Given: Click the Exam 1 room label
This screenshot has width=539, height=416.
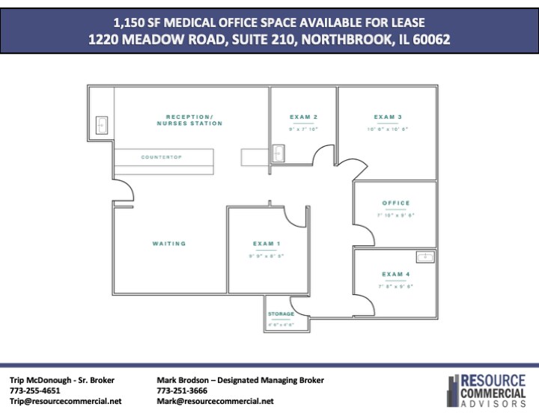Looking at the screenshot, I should (267, 244).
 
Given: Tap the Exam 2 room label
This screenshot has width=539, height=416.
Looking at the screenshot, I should (304, 117).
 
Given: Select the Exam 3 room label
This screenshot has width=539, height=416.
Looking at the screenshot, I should (389, 117).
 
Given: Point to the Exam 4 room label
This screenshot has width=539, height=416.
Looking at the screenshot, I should (396, 275).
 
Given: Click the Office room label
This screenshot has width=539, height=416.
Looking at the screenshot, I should (396, 204).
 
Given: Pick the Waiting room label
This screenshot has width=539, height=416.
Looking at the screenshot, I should (169, 244).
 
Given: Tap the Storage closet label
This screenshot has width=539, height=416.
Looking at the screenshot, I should (281, 314).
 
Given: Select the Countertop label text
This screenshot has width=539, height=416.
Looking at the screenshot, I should (162, 157).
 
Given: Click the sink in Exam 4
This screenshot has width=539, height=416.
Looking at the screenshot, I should (426, 257).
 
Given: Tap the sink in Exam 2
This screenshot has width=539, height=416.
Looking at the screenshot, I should (278, 154).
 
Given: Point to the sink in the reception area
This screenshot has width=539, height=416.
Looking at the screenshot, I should (102, 125).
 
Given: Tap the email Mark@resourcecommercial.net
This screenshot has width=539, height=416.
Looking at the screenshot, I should (215, 401).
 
